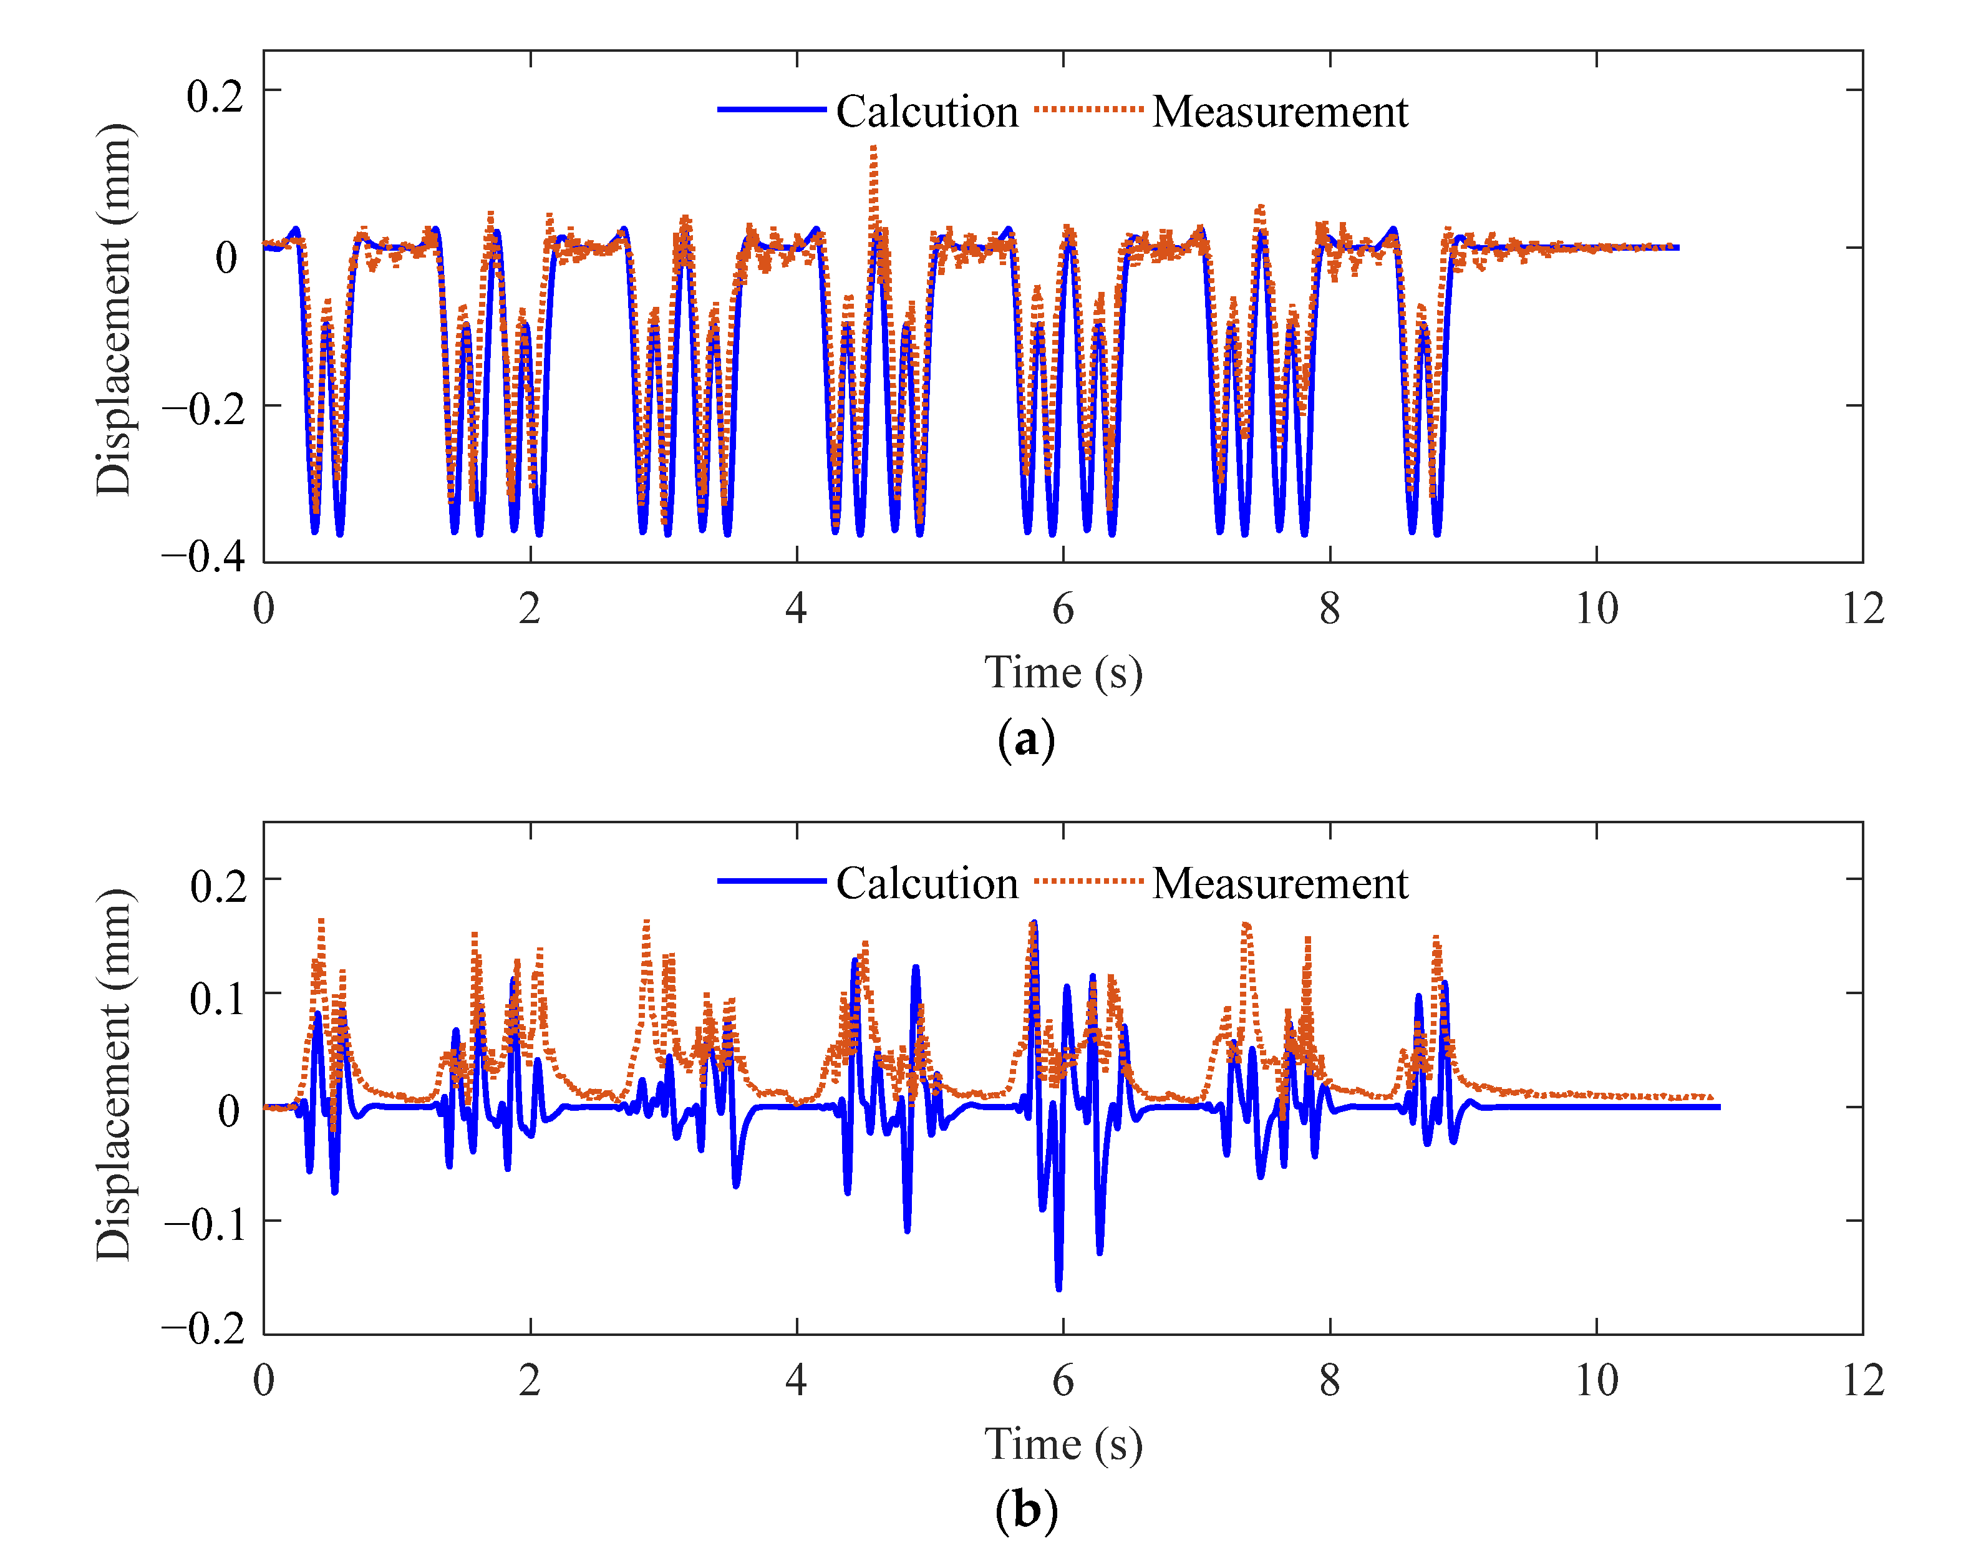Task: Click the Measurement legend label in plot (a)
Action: (1279, 112)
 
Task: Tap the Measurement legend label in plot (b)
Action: (1279, 883)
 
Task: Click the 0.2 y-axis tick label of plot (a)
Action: (215, 95)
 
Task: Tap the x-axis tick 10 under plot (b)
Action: (1596, 1380)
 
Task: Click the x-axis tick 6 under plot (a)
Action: (1063, 608)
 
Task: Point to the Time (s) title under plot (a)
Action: (1063, 673)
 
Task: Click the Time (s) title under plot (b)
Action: (1063, 1444)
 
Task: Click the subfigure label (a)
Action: (1027, 738)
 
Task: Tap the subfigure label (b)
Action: (1027, 1510)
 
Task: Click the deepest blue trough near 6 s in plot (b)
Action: (1058, 1287)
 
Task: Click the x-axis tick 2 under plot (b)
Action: (530, 1380)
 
